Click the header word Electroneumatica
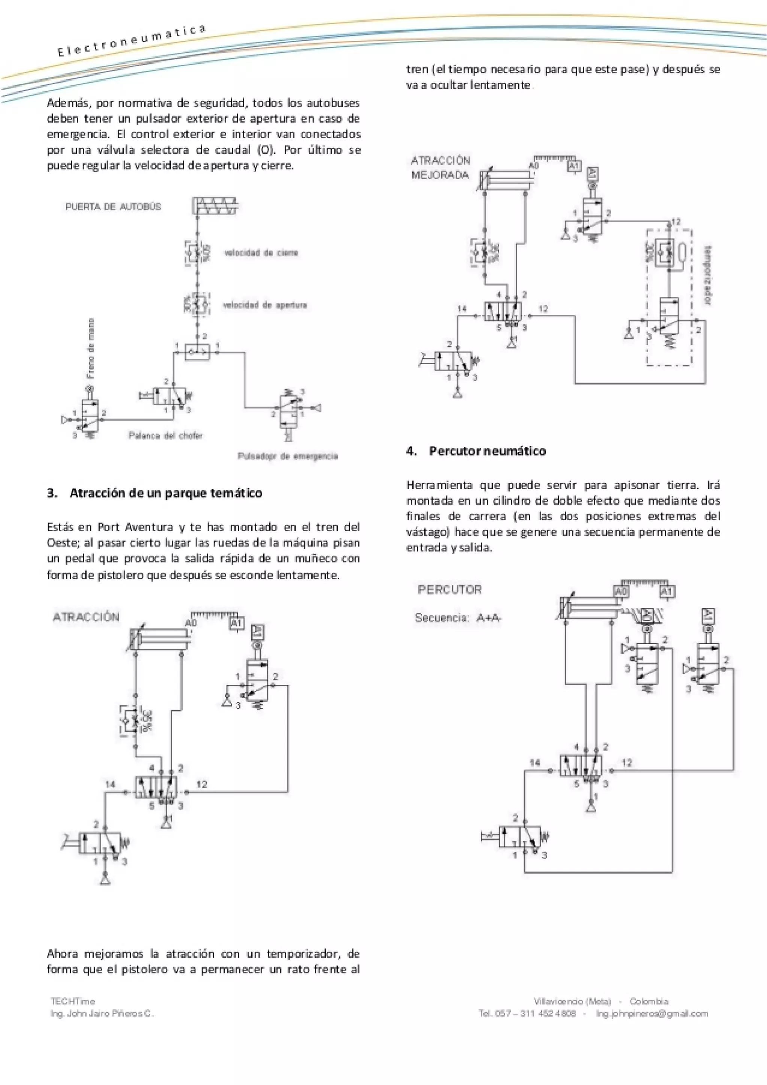[131, 41]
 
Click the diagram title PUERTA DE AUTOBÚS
[113, 207]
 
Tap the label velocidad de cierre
[261, 253]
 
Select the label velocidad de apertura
[264, 305]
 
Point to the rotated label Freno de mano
[90, 348]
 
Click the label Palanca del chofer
[165, 435]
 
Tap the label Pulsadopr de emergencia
[288, 456]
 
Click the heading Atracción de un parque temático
[166, 493]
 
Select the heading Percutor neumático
[487, 451]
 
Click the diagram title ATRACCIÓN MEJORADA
[440, 168]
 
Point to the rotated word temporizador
[708, 275]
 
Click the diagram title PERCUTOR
[449, 589]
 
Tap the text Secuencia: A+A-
[457, 618]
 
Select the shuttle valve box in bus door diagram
[197, 352]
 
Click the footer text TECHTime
[73, 1001]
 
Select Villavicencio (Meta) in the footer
[572, 1001]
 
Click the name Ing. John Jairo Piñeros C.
[102, 1013]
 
